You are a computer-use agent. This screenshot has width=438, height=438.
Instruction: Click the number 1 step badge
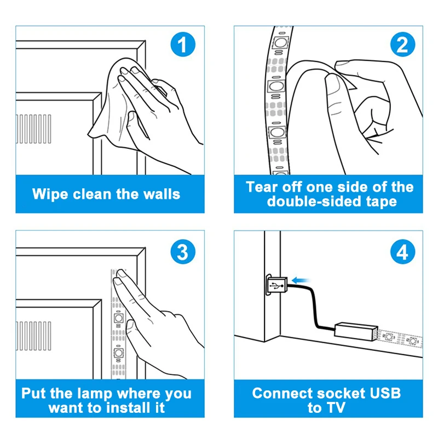(x=183, y=45)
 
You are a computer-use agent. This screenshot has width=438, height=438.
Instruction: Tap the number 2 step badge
(x=402, y=45)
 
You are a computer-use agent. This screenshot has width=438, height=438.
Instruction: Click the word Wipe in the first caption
(x=49, y=194)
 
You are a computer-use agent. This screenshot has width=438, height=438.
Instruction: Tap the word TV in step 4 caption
(x=336, y=408)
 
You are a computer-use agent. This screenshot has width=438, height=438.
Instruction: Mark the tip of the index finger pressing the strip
(x=118, y=280)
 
